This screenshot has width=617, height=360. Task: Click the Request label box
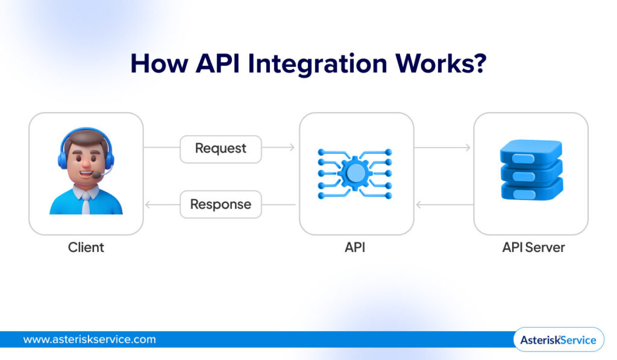(221, 149)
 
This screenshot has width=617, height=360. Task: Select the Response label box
(221, 204)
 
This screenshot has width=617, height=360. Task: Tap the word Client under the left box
(86, 247)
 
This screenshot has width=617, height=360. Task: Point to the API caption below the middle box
(356, 247)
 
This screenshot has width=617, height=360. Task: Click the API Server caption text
(533, 247)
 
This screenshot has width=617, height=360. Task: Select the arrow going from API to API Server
(443, 148)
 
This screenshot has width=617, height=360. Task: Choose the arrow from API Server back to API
(443, 204)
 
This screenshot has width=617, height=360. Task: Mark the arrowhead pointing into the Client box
(148, 204)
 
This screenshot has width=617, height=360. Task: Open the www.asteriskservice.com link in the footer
(89, 339)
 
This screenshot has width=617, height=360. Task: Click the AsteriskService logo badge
(558, 339)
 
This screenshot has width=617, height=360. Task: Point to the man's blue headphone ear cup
(62, 159)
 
